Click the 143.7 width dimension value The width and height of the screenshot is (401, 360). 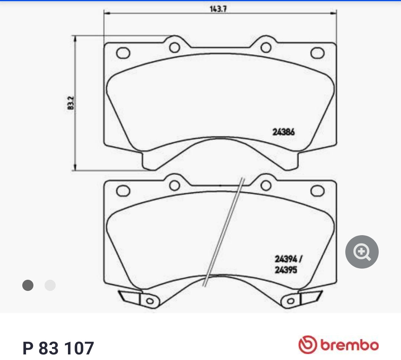218,9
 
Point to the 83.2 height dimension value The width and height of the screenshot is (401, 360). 71,103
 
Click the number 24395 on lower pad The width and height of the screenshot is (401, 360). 286,270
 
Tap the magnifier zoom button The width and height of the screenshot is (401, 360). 362,252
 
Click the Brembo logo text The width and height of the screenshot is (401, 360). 349,345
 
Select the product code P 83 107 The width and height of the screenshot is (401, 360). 58,348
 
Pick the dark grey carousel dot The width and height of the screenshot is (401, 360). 28,285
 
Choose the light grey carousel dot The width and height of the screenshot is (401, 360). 50,285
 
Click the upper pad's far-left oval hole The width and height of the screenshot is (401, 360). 123,53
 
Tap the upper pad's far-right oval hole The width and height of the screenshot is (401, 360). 317,53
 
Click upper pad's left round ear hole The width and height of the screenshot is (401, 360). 175,47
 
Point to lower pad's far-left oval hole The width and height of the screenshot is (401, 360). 123,191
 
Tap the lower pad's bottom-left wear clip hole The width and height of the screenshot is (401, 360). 150,301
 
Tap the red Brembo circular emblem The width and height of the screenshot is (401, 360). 307,345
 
